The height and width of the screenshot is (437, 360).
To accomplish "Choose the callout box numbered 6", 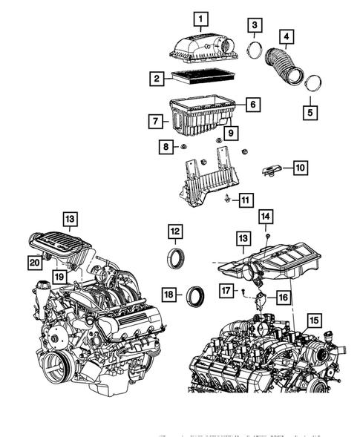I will (x=252, y=105).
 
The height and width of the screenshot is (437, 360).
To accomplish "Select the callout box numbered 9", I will (x=231, y=134).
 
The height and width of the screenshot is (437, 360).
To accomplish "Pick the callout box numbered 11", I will (x=245, y=199).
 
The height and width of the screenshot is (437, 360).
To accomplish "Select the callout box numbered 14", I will (x=266, y=217).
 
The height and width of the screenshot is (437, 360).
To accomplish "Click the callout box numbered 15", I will (x=314, y=321).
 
